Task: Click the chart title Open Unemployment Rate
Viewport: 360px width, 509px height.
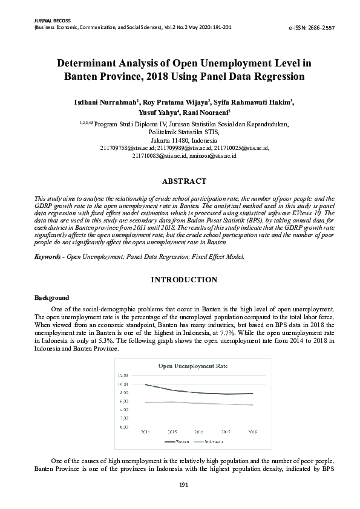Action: [185, 366]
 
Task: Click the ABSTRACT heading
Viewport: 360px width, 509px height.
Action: [184, 181]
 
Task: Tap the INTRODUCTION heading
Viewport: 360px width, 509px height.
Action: [184, 280]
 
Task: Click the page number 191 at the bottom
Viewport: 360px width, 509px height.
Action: [184, 485]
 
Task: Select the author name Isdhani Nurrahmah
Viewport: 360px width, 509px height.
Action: [107, 102]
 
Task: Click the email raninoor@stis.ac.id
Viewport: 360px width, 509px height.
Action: [212, 155]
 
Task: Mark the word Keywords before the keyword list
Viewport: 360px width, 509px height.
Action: [47, 257]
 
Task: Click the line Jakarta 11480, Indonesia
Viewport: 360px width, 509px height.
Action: [184, 140]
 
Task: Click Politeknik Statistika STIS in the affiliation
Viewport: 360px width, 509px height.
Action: [184, 132]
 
